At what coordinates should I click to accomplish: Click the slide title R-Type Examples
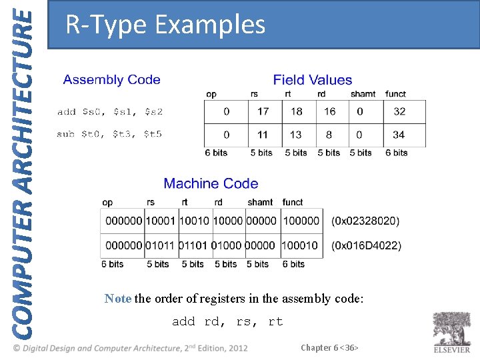coord(165,25)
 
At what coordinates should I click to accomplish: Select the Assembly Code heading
coord(111,80)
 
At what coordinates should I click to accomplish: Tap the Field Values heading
coord(312,80)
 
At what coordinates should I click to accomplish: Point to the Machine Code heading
coord(211,183)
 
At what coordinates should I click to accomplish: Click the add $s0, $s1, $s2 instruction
coord(110,112)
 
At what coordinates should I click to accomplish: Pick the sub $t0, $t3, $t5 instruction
coord(109,134)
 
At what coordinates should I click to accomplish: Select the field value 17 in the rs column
coord(263,112)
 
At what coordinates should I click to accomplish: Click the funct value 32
coord(399,112)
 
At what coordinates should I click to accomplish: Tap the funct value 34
coord(399,135)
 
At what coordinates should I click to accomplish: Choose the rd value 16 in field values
coord(329,112)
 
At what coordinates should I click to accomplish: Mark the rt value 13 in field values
coord(295,135)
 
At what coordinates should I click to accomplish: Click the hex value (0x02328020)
coord(365,221)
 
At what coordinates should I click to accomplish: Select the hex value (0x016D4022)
coord(366,245)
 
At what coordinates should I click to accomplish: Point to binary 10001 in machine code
coord(161,221)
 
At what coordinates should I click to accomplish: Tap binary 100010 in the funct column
coord(300,245)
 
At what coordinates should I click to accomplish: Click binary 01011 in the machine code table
coord(161,245)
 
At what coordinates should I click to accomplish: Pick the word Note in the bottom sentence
coord(118,299)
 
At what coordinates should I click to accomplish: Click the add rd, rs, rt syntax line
coord(227,322)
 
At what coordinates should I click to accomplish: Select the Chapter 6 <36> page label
coord(330,347)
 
